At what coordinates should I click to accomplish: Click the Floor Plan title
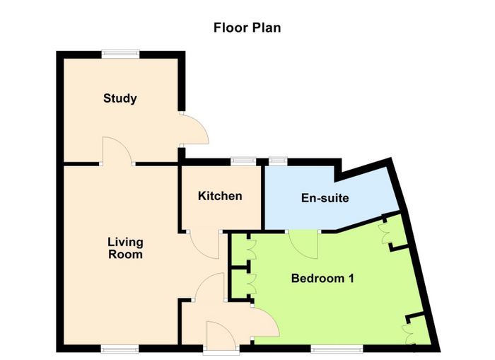[x=248, y=28]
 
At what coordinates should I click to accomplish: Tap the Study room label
[x=120, y=98]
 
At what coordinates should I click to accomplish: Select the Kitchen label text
[x=220, y=196]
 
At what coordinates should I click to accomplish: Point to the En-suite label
[x=325, y=198]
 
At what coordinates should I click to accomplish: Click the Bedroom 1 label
[x=322, y=279]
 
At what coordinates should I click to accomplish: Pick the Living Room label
[x=125, y=248]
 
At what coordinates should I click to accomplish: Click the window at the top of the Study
[x=120, y=54]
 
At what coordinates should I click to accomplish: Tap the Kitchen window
[x=243, y=161]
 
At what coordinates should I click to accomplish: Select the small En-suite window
[x=278, y=161]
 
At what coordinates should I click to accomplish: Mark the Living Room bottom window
[x=120, y=349]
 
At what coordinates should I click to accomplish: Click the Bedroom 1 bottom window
[x=337, y=349]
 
